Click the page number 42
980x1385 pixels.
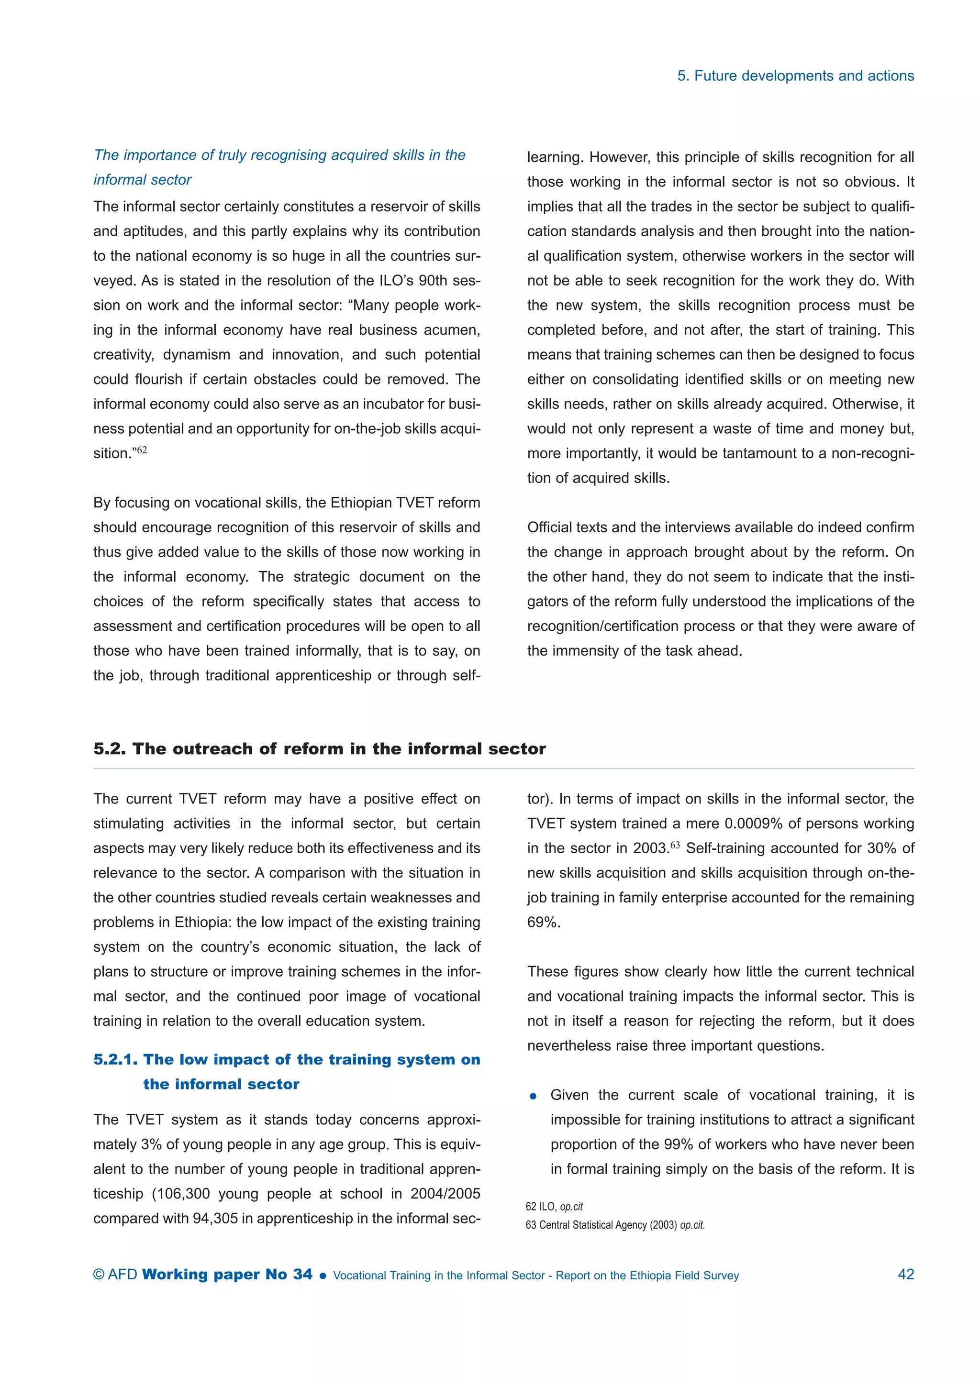click(x=906, y=1274)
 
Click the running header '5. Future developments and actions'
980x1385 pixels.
click(x=795, y=76)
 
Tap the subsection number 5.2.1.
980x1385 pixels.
click(x=115, y=1059)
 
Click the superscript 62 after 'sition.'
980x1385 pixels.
click(x=142, y=450)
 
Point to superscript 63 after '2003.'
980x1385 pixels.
click(x=675, y=845)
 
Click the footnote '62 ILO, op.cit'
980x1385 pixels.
click(x=554, y=1207)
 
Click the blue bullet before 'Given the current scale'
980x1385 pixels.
click(x=533, y=1097)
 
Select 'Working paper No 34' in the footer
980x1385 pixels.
click(x=227, y=1274)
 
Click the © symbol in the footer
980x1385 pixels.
click(x=99, y=1275)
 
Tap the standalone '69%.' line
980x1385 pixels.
click(x=544, y=923)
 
